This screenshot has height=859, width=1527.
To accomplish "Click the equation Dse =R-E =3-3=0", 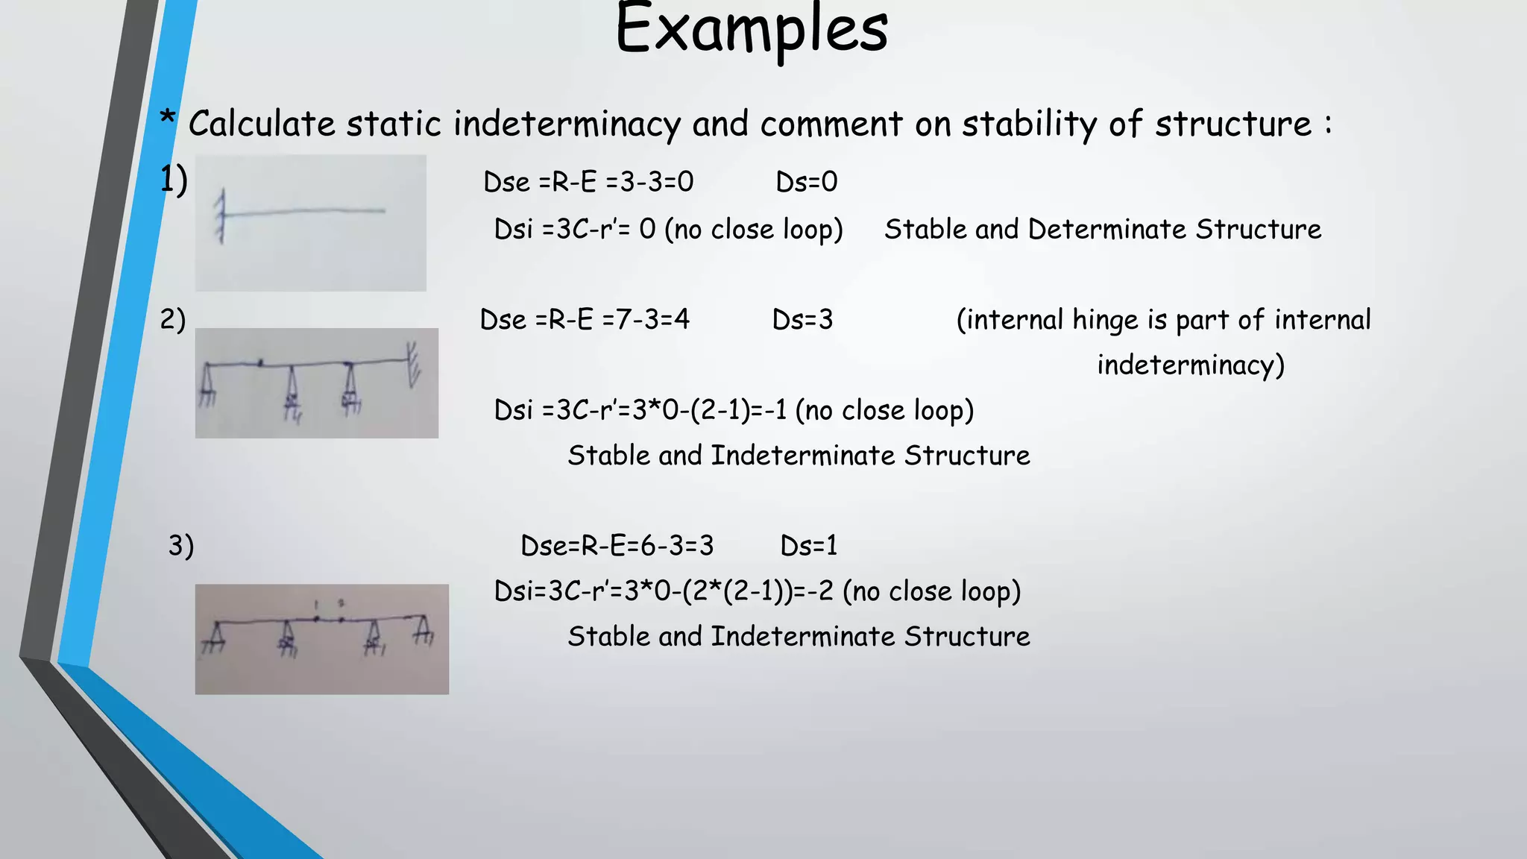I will [x=588, y=182].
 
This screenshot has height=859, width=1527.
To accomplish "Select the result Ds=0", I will [x=806, y=182].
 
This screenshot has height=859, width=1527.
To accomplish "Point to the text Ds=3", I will [x=802, y=320].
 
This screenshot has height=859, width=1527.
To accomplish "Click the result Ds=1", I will [x=808, y=546].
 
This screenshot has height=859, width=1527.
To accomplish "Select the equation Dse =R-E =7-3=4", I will [x=585, y=320].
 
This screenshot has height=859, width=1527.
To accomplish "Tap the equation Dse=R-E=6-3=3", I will [x=617, y=546].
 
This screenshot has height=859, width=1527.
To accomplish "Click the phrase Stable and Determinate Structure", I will [x=1102, y=230].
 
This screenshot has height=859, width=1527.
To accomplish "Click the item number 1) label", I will [x=173, y=180].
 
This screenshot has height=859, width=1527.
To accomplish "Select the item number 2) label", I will [x=172, y=320].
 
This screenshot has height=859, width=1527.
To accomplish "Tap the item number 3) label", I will [x=180, y=546].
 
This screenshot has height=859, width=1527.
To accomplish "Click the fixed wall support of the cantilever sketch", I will [x=221, y=215].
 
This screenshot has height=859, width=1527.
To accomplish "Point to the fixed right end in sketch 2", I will [x=411, y=363].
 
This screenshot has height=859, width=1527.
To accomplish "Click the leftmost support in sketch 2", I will [x=207, y=384].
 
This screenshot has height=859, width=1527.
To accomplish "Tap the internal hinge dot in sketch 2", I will [x=260, y=363].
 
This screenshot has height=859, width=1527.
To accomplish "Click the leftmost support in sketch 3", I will [x=215, y=636].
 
